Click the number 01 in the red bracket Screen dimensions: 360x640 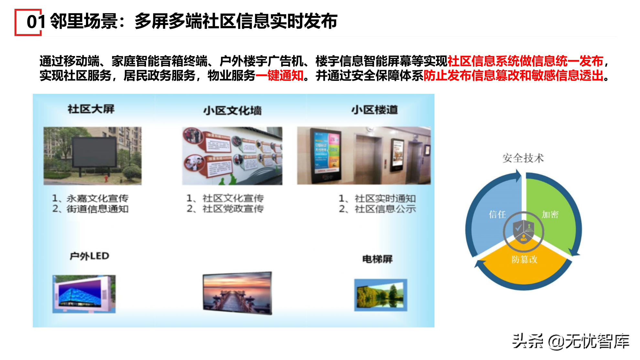pyautogui.click(x=36, y=22)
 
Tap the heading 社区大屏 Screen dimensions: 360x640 pyautogui.click(x=91, y=109)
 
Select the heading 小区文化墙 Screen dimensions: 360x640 pyautogui.click(x=232, y=111)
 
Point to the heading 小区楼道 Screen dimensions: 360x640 pyautogui.click(x=375, y=110)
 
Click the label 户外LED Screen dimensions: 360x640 pyautogui.click(x=90, y=256)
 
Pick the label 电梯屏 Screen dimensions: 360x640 pyautogui.click(x=377, y=259)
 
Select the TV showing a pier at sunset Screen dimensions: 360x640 pyautogui.click(x=238, y=293)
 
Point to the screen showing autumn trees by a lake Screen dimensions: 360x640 pyautogui.click(x=380, y=295)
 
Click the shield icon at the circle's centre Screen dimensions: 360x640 pyautogui.click(x=524, y=231)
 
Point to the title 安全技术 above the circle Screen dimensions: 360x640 pyautogui.click(x=523, y=158)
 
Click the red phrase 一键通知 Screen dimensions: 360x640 pyautogui.click(x=280, y=76)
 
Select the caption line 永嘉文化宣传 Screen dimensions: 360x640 pyautogui.click(x=97, y=198)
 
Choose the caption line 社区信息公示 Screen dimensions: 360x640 pyautogui.click(x=385, y=209)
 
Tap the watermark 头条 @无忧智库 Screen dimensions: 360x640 pyautogui.click(x=571, y=341)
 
